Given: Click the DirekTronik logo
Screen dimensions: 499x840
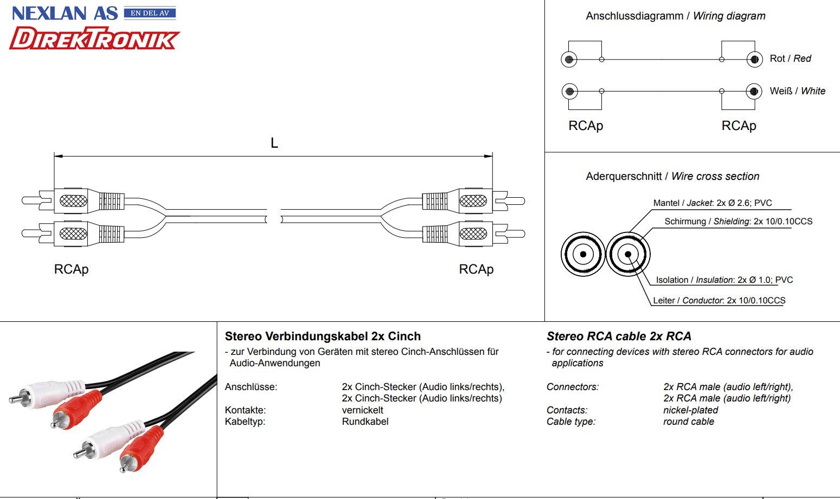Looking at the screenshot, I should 94,38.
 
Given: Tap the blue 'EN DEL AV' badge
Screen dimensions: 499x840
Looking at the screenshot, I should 150,13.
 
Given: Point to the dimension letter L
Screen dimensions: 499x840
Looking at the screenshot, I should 274,143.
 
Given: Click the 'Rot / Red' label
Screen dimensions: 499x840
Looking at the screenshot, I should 790,59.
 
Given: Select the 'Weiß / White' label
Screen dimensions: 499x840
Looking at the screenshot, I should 797,91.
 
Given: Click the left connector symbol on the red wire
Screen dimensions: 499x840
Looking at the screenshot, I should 569,59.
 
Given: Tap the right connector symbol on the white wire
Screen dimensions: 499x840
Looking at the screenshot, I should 754,91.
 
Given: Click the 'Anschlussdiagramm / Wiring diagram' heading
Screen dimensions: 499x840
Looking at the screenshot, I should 675,16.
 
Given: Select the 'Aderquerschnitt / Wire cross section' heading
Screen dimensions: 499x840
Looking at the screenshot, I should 672,177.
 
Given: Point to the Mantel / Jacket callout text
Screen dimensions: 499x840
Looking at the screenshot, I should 713,203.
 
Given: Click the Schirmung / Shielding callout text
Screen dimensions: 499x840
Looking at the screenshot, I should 738,222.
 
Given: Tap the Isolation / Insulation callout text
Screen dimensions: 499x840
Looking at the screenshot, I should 724,280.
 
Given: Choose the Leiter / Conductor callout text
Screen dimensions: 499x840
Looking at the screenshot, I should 719,301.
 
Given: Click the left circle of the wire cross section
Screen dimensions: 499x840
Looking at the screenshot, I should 583,254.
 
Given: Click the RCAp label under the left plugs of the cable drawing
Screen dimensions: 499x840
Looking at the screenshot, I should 71,269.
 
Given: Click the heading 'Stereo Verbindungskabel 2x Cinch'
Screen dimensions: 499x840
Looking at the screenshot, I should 323,336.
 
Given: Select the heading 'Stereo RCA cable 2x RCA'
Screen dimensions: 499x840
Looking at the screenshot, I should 619,336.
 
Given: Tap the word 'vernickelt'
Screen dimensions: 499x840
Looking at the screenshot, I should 362,410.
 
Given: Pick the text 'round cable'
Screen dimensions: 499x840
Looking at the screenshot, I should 688,422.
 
